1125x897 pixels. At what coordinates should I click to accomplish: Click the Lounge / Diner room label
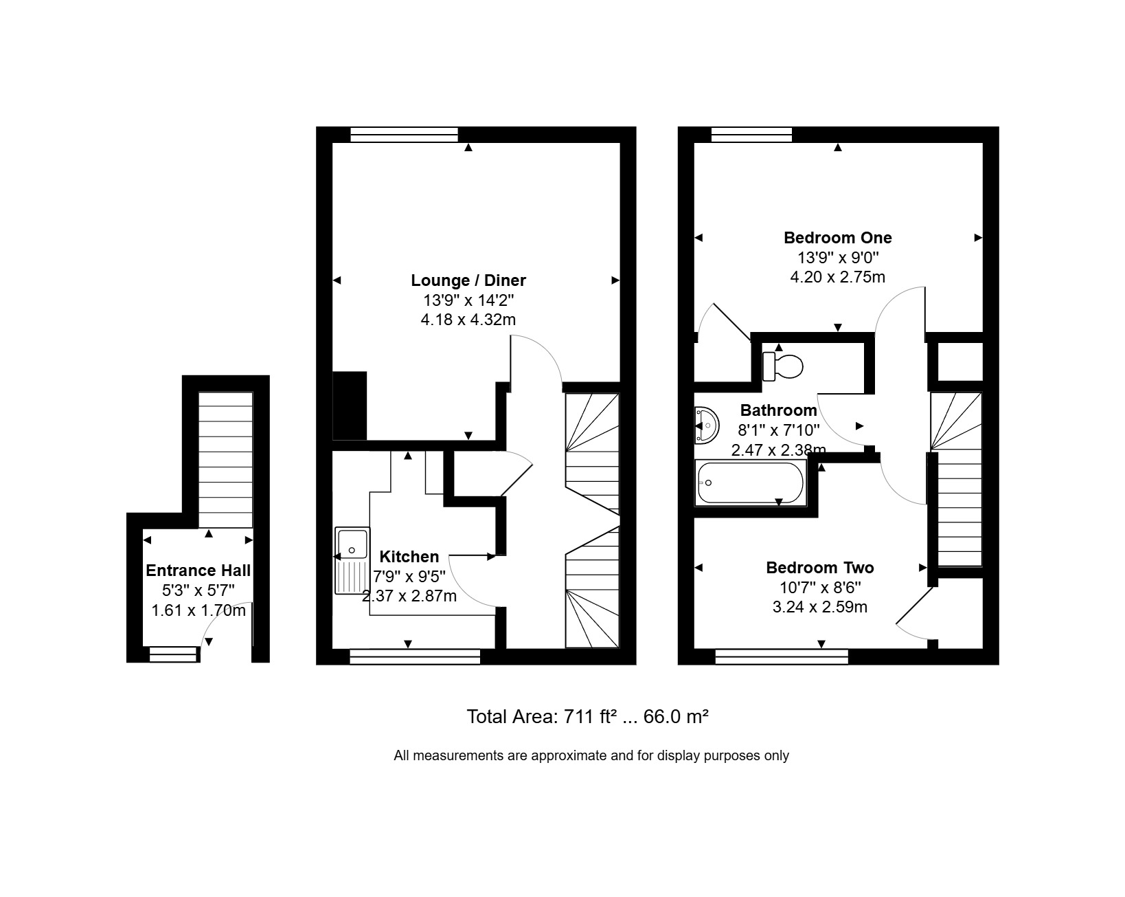[468, 280]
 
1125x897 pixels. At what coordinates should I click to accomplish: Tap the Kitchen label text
[409, 556]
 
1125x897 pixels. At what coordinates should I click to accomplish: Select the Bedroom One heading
[837, 238]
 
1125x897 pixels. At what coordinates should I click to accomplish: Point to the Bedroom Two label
[819, 567]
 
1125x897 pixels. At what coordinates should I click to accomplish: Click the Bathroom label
[778, 410]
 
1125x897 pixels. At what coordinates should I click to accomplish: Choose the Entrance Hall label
[198, 570]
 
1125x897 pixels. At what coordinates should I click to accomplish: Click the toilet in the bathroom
[782, 366]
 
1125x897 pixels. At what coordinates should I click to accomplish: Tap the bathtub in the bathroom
[750, 483]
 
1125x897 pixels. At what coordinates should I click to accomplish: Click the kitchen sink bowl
[352, 544]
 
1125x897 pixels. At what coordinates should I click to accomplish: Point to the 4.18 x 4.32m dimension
[468, 319]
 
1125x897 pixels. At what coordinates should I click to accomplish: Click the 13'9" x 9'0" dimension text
[837, 258]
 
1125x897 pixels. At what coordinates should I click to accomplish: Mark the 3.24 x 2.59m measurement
[819, 607]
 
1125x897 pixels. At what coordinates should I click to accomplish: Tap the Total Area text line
[587, 716]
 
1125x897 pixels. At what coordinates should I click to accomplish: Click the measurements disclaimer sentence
[591, 755]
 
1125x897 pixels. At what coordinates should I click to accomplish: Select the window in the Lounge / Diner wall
[404, 135]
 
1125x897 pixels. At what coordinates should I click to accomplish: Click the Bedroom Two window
[782, 656]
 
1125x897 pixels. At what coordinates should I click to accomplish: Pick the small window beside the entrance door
[174, 654]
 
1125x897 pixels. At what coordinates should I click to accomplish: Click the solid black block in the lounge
[350, 406]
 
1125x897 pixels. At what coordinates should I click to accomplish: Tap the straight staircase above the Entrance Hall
[225, 459]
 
